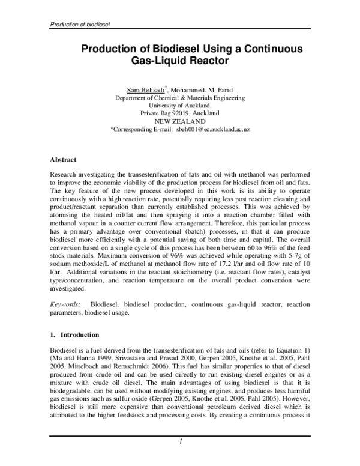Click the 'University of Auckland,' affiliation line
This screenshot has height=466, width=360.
(180, 105)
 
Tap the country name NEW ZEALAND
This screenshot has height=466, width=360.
(180, 121)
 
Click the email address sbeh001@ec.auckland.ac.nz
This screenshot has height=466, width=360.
(213, 129)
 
